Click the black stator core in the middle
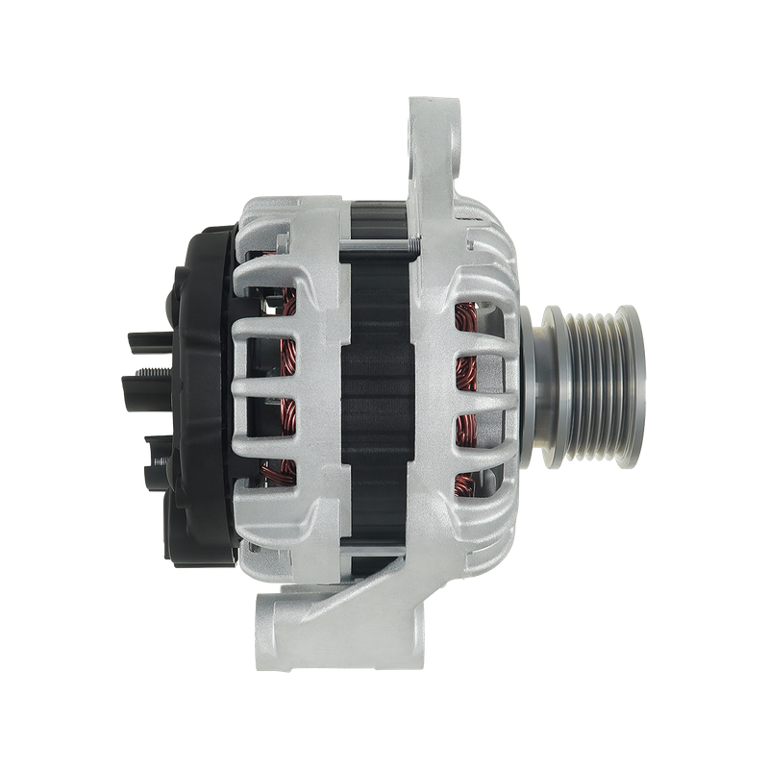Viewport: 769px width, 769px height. point(380,384)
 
